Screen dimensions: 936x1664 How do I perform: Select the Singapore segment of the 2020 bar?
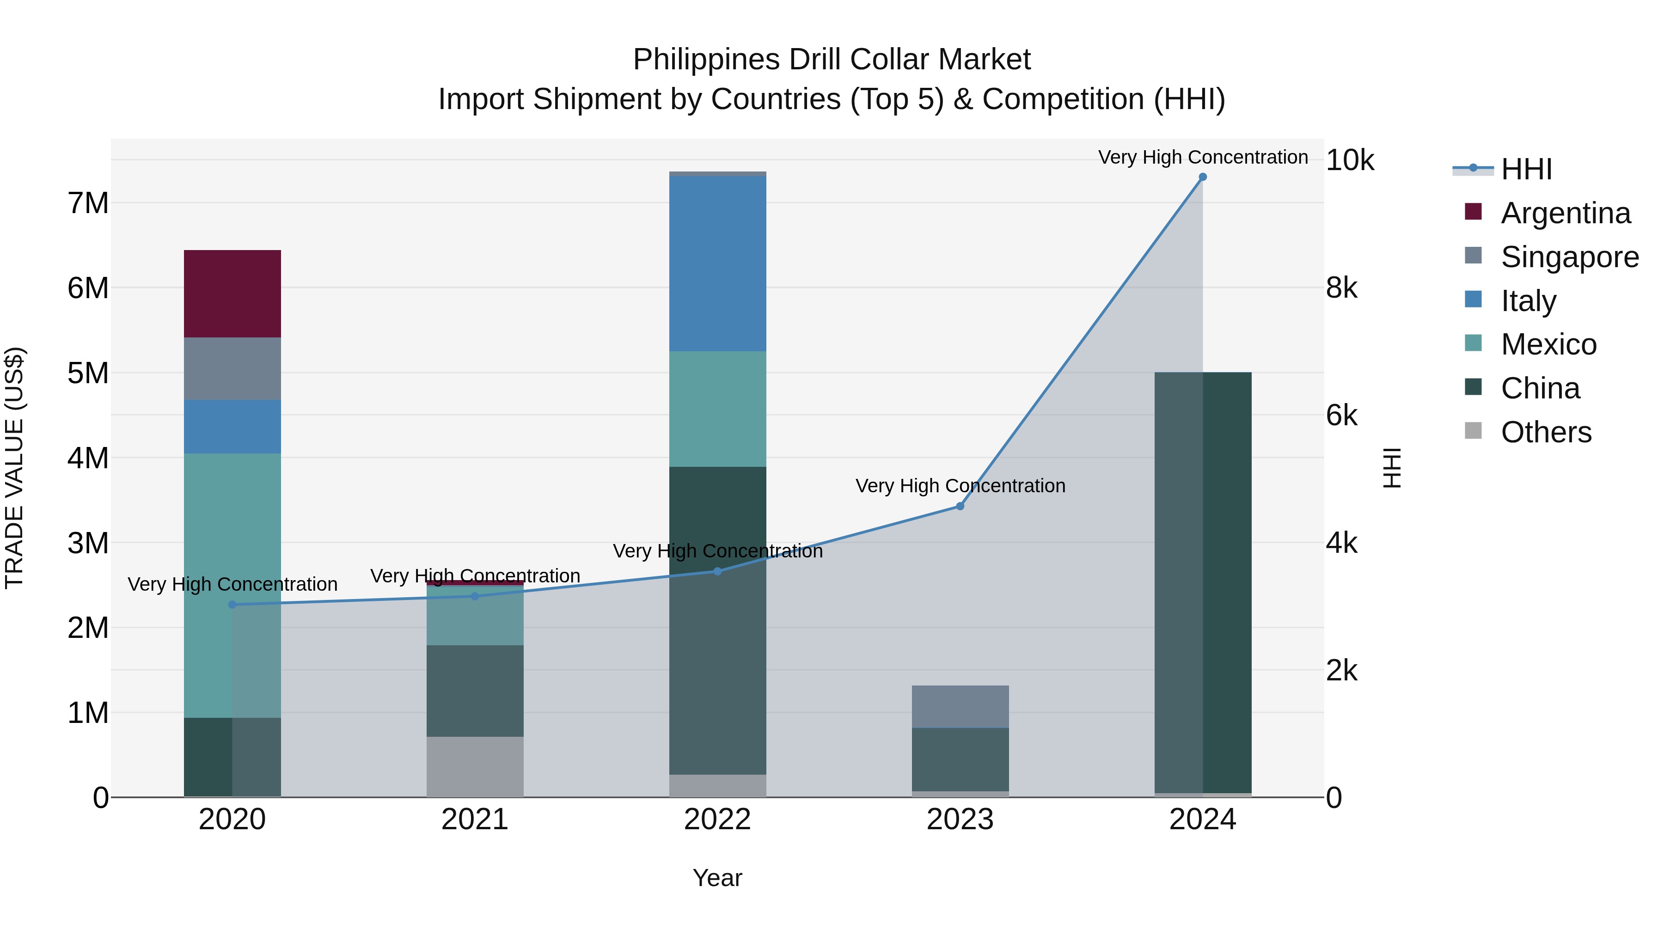232,368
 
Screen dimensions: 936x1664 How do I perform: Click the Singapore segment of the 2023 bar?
960,706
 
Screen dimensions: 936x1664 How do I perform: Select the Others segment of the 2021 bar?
475,767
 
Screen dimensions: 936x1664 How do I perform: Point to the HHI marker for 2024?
1202,177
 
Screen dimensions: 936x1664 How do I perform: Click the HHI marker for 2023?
960,507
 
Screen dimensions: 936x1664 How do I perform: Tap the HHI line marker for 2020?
232,605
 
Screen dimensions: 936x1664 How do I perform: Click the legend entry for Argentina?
1565,213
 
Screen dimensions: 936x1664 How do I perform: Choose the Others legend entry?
1545,432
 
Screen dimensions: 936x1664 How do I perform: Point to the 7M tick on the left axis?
88,203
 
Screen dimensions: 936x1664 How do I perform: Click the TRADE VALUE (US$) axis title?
14,468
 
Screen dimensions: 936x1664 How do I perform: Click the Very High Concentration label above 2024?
1202,157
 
